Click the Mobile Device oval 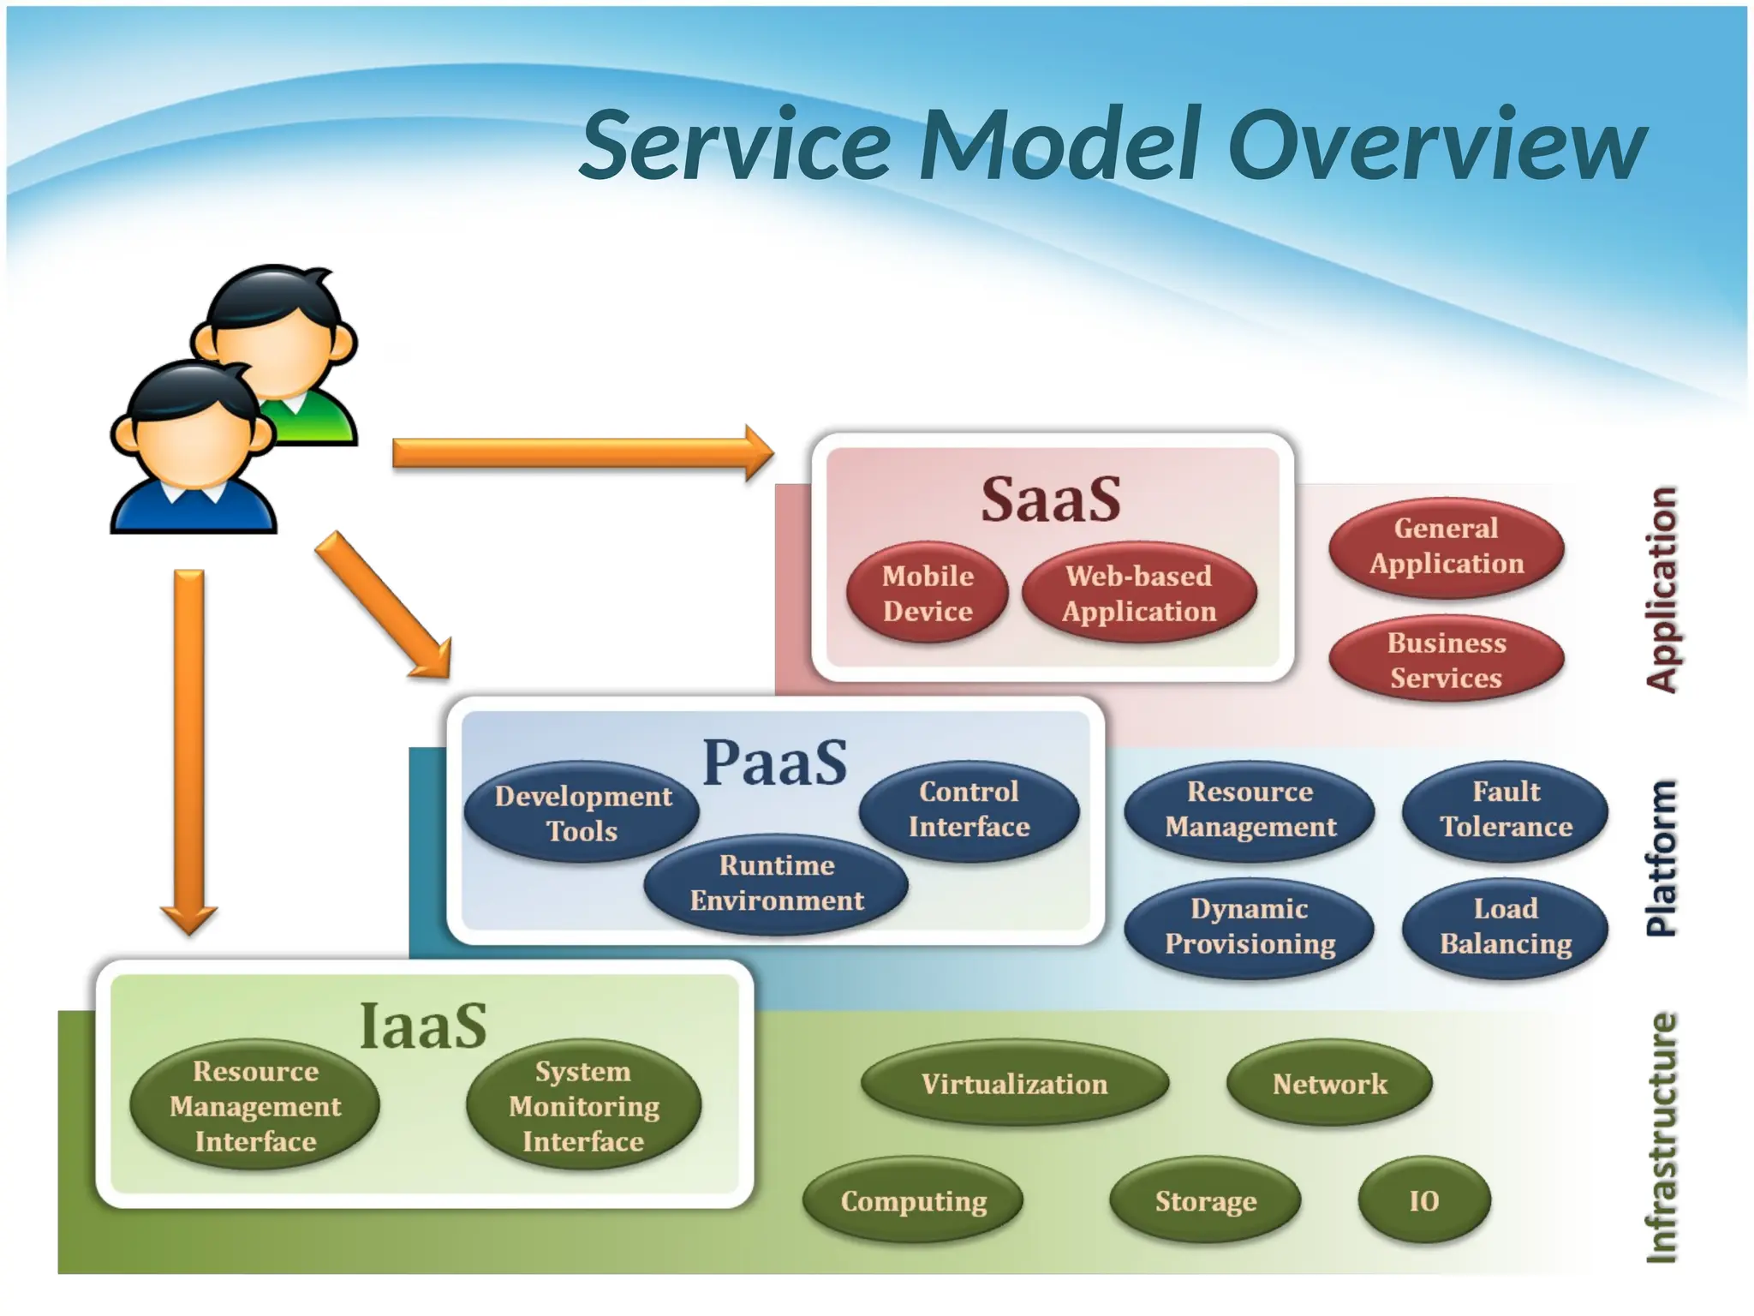[x=928, y=593]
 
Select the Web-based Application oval [x=1139, y=593]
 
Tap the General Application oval [x=1447, y=547]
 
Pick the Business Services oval [x=1447, y=661]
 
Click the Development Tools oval [x=582, y=812]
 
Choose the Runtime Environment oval [x=776, y=883]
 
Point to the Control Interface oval [x=969, y=809]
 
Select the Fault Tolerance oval [x=1506, y=809]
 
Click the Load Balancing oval [x=1506, y=926]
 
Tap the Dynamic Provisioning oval [x=1250, y=926]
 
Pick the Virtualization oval [x=1014, y=1084]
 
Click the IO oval [x=1423, y=1200]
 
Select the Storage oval [x=1205, y=1200]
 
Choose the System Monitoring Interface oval [x=584, y=1105]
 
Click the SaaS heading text [x=1051, y=499]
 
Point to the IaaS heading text [x=423, y=1026]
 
